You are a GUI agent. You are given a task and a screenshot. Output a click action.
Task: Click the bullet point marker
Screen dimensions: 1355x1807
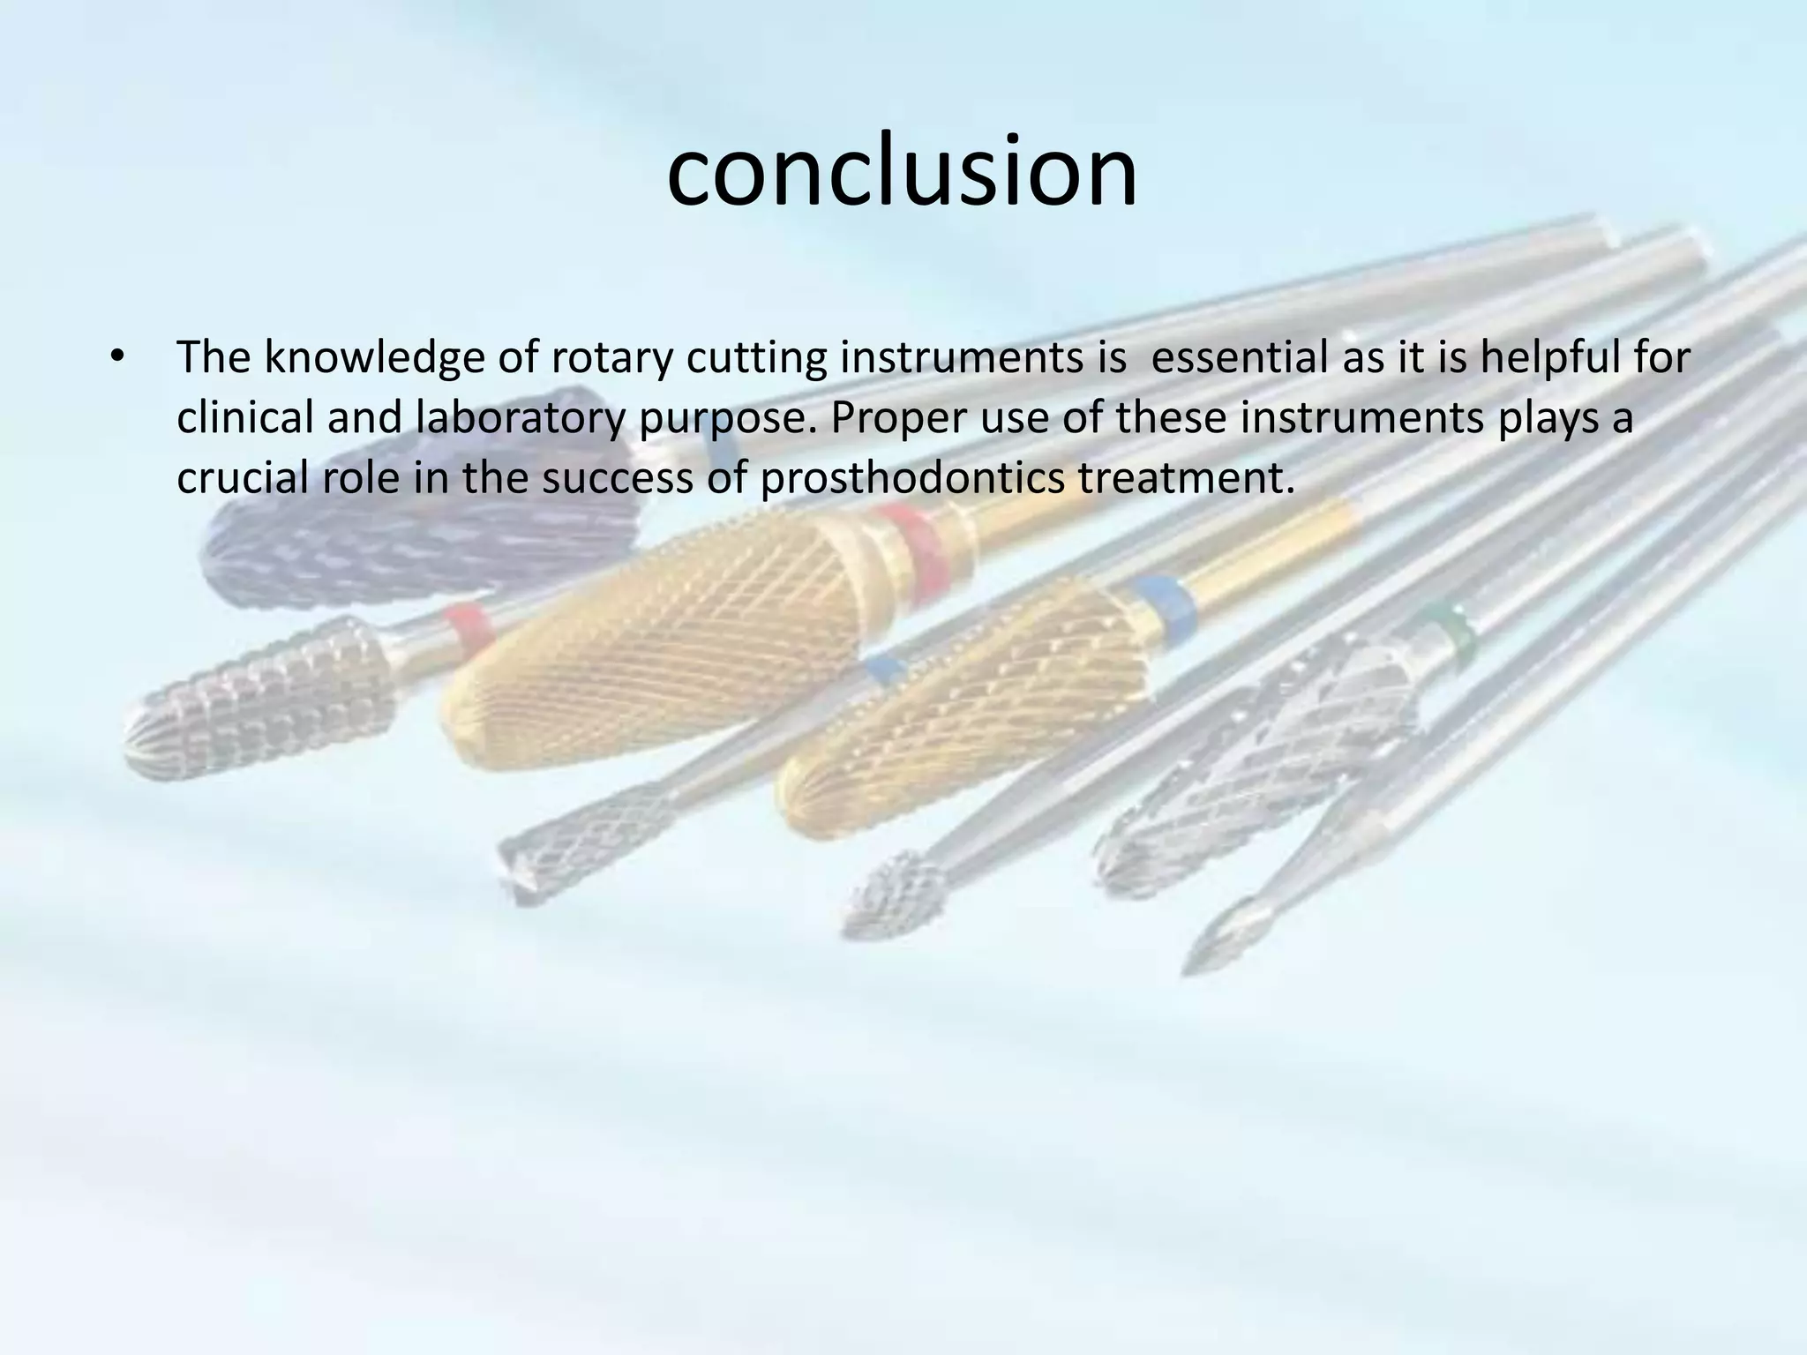tap(116, 358)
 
